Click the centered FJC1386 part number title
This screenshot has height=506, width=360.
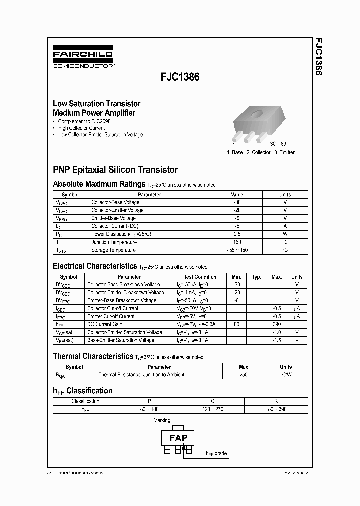click(x=180, y=78)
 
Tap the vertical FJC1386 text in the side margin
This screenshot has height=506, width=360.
click(x=318, y=56)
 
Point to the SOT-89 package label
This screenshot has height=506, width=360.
click(x=278, y=143)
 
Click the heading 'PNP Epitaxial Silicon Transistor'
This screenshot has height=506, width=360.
click(x=115, y=170)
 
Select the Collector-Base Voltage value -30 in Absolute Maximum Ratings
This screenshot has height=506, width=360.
click(x=237, y=202)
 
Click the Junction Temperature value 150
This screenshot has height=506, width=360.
click(x=237, y=242)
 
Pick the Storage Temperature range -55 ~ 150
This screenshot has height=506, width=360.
click(x=237, y=250)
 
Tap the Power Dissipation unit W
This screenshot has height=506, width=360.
click(x=285, y=234)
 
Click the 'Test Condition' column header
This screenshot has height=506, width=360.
click(x=200, y=277)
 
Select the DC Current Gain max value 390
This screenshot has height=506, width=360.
click(x=276, y=324)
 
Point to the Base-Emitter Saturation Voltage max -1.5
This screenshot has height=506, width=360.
click(x=276, y=340)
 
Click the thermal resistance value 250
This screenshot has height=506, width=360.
click(x=243, y=375)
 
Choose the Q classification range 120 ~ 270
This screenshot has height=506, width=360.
click(x=212, y=409)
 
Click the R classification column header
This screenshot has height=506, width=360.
click(x=276, y=401)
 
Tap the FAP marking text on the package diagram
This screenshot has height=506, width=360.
click(x=178, y=438)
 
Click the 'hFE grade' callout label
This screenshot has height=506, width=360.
click(x=216, y=454)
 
